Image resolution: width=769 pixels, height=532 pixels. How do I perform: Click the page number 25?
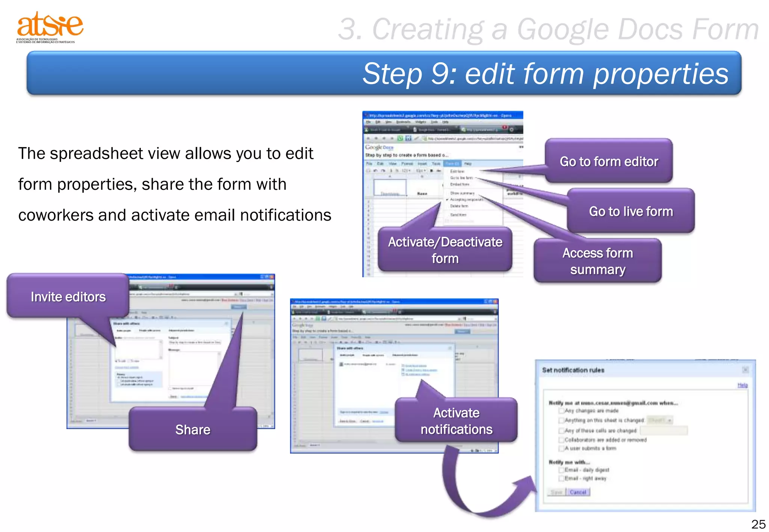coord(758,524)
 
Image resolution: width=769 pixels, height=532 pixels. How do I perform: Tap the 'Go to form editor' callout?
coord(609,161)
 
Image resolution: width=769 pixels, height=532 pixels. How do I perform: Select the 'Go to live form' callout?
coord(631,211)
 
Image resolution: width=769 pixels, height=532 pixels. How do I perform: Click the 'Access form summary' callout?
coord(597,261)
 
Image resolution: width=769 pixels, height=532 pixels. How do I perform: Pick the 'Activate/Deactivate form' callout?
coord(445,250)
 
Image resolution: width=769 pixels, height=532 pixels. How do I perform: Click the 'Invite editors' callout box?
coord(68,297)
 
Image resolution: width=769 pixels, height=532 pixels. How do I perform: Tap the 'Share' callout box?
coord(193,430)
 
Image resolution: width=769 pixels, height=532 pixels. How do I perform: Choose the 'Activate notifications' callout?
coord(456,421)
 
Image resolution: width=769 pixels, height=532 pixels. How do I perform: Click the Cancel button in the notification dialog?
coord(578,492)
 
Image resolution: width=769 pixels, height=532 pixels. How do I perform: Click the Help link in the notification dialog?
coord(742,385)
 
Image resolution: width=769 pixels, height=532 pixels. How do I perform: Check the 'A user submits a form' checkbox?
coord(561,448)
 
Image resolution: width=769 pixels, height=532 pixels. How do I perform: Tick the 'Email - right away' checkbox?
coord(561,478)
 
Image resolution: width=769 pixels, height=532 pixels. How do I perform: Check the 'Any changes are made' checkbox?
coord(561,411)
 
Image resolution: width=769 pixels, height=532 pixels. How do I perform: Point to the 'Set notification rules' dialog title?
coord(573,370)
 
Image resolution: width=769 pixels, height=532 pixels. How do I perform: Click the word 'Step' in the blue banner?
coord(392,74)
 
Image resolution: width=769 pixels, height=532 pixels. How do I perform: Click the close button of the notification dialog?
coord(745,370)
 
